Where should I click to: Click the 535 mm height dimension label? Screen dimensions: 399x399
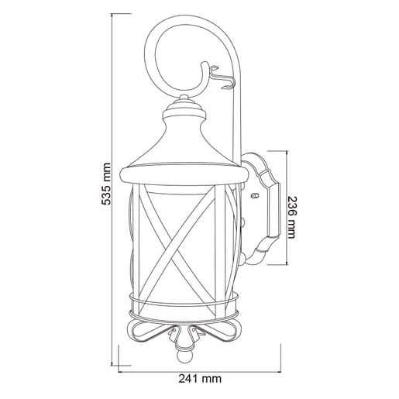pyautogui.click(x=106, y=184)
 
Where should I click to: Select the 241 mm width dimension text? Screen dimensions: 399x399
pyautogui.click(x=200, y=379)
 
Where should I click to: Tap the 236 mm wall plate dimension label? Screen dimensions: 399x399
pyautogui.click(x=292, y=218)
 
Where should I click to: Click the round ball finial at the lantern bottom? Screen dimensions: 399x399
pyautogui.click(x=184, y=357)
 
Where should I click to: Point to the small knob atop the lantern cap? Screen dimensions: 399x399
pyautogui.click(x=184, y=97)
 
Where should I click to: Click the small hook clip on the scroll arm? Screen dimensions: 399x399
pyautogui.click(x=222, y=77)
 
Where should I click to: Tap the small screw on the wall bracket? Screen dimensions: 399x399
pyautogui.click(x=255, y=195)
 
